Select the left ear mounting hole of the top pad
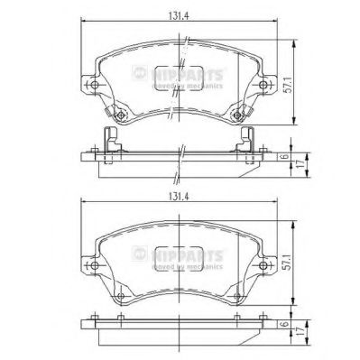click(93, 87)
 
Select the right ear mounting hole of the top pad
click(264, 87)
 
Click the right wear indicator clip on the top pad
click(237, 115)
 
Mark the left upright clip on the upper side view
click(112, 139)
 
